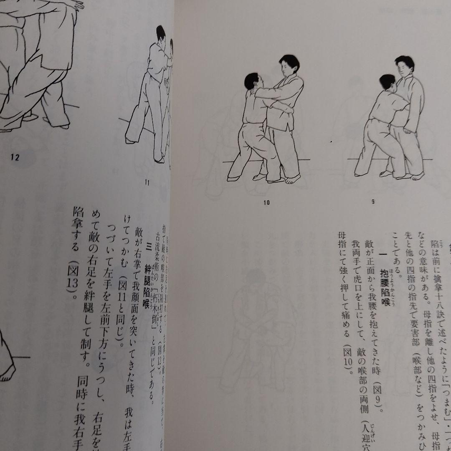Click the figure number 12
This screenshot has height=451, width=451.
[x=16, y=157]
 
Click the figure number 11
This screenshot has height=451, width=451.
[x=147, y=182]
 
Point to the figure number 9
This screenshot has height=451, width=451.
[x=372, y=201]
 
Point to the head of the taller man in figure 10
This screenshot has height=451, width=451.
[x=289, y=65]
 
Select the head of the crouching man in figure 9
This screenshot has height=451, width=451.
[x=388, y=83]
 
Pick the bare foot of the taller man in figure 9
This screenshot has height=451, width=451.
[x=417, y=177]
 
